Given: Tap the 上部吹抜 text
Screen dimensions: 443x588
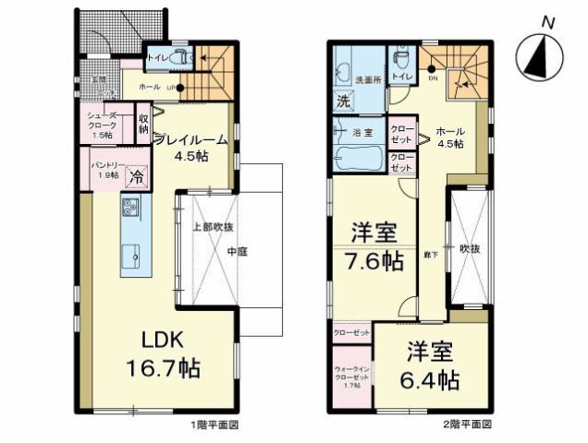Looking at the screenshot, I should tap(211, 226).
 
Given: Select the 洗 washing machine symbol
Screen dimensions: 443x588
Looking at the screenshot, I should tap(342, 100).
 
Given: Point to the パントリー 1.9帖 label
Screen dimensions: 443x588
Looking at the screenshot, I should tap(104, 169).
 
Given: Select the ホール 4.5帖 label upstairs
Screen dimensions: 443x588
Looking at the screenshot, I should tap(449, 138).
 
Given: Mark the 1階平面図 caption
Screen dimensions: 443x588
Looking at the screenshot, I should tap(216, 425).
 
